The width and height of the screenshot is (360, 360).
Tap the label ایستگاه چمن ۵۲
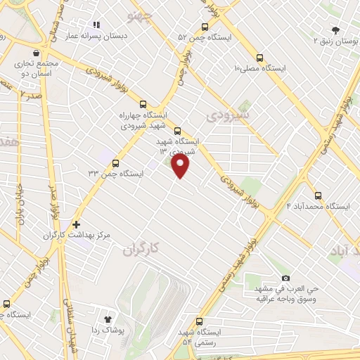pyautogui.click(x=202, y=37)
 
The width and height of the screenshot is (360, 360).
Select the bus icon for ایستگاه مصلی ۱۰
pyautogui.click(x=260, y=58)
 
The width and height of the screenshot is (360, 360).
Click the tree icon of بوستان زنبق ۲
pyautogui.click(x=336, y=30)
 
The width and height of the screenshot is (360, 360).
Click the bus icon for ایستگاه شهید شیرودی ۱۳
pyautogui.click(x=176, y=130)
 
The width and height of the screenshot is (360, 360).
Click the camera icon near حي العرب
pyautogui.click(x=285, y=278)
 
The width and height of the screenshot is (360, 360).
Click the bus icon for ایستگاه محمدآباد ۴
pyautogui.click(x=318, y=195)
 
